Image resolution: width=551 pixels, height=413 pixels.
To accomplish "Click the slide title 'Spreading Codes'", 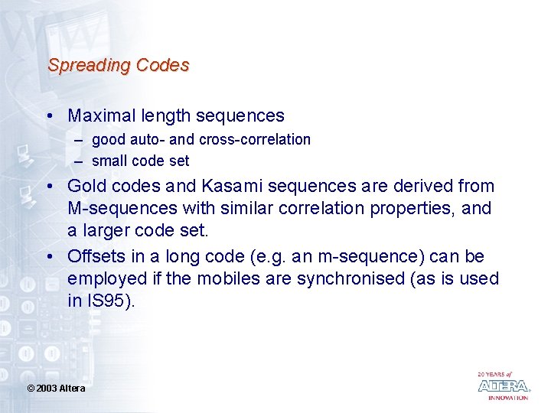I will (x=118, y=66).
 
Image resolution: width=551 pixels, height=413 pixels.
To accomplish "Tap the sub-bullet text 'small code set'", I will (x=140, y=161).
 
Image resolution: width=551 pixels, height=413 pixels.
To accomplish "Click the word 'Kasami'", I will (x=228, y=186).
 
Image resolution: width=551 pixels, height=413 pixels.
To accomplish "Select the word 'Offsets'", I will (x=95, y=256).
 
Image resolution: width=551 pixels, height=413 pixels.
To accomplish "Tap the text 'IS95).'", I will (x=111, y=301).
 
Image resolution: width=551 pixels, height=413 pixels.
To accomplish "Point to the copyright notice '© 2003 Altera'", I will (x=56, y=389).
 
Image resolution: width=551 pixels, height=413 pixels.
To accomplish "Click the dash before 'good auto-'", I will (x=78, y=140).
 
